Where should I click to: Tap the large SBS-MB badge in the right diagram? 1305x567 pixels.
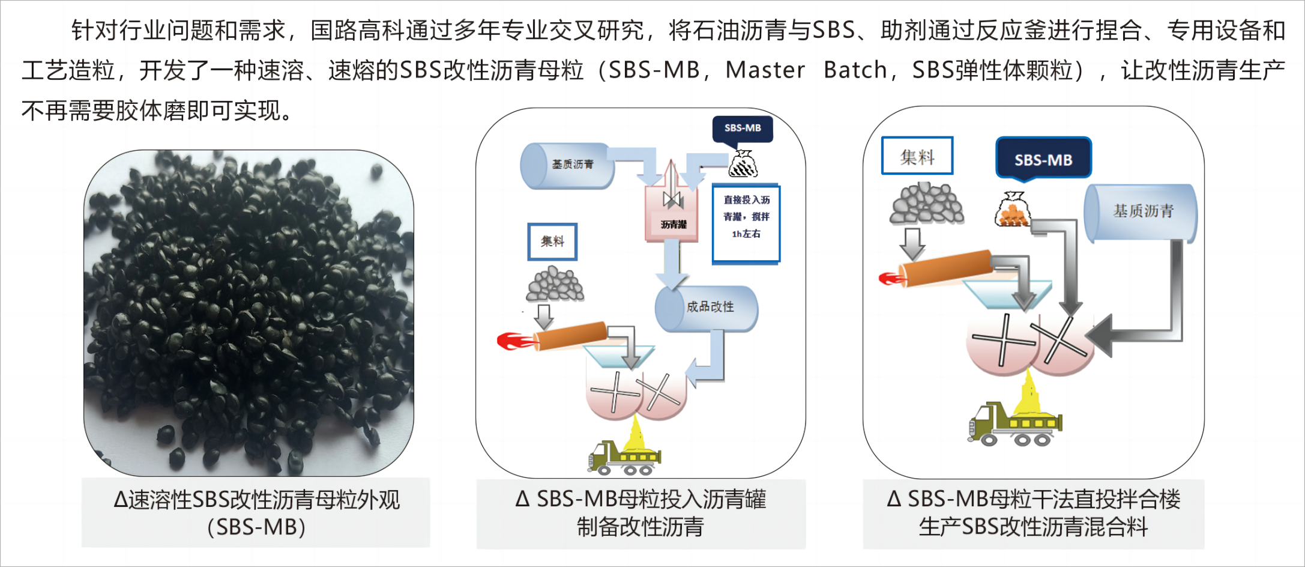coord(1043,159)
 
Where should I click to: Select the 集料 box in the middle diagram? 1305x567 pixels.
coord(552,241)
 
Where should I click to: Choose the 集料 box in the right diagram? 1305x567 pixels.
coord(917,156)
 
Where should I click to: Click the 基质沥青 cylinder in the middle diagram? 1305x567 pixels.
coord(568,165)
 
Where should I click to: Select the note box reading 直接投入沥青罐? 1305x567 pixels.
coord(746,223)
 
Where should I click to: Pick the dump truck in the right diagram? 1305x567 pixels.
coord(1014,424)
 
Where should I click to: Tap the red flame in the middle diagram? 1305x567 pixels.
coord(515,341)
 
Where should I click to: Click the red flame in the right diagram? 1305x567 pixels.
coord(891,279)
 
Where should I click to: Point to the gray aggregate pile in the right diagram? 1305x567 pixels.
coord(926,204)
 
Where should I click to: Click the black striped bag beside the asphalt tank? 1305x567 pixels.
coord(743,163)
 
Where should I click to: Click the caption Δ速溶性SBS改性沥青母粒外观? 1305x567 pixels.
coord(257,500)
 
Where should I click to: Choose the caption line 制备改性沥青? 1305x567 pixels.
coord(640,527)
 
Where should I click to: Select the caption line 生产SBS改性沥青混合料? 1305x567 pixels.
coord(1033,527)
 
